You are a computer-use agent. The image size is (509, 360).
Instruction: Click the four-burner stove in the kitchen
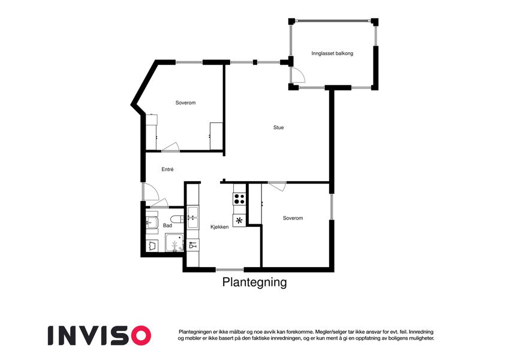pyautogui.click(x=240, y=198)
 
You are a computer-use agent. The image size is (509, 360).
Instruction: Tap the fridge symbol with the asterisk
pyautogui.click(x=239, y=221)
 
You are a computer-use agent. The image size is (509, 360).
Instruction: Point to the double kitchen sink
pyautogui.click(x=193, y=217)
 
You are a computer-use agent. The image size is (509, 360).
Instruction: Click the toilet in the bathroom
pyautogui.click(x=177, y=219)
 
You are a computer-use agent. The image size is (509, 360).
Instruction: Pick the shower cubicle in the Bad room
pyautogui.click(x=174, y=242)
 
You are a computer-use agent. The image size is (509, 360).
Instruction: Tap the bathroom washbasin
pyautogui.click(x=152, y=223)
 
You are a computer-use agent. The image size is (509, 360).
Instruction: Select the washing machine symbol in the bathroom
pyautogui.click(x=152, y=245)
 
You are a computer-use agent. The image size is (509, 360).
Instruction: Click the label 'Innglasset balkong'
pyautogui.click(x=332, y=53)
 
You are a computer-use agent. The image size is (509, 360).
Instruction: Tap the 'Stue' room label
pyautogui.click(x=278, y=127)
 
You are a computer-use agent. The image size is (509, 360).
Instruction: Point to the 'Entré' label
pyautogui.click(x=167, y=169)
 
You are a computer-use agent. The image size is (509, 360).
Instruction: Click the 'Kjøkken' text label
pyautogui.click(x=219, y=227)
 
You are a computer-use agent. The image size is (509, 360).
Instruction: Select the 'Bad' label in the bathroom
pyautogui.click(x=167, y=225)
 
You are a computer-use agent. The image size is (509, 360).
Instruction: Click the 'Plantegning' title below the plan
pyautogui.click(x=254, y=282)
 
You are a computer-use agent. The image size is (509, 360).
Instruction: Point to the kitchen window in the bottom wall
pyautogui.click(x=230, y=269)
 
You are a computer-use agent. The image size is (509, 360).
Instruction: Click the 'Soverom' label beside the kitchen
pyautogui.click(x=293, y=218)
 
